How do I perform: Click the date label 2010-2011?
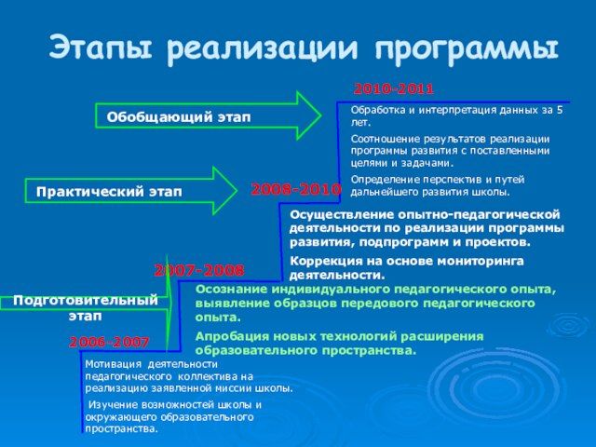(x=393, y=89)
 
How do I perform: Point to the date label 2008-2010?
(x=296, y=189)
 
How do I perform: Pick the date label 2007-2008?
(x=198, y=270)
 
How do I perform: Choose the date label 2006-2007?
(x=109, y=343)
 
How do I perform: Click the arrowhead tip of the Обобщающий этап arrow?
(x=318, y=114)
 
